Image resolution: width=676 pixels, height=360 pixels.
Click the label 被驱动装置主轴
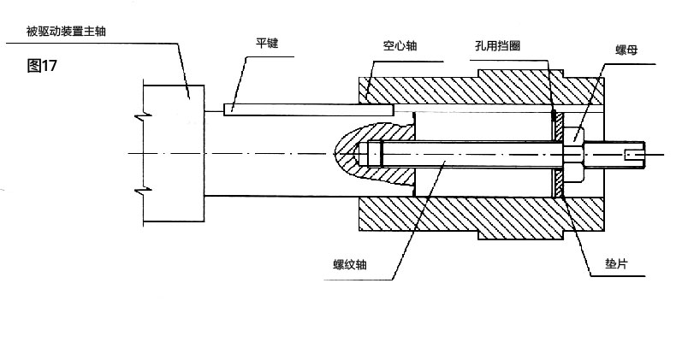[71, 32]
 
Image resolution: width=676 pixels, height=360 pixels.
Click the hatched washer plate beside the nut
[559, 155]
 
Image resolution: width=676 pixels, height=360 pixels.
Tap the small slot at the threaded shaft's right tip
[634, 155]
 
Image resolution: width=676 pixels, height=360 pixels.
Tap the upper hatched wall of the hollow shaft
[462, 92]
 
